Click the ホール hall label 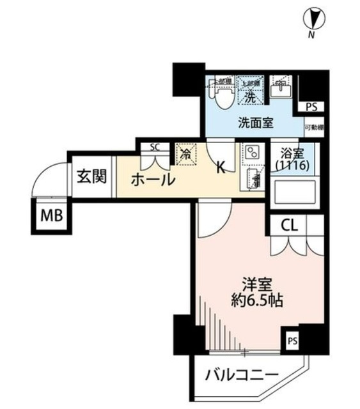pos(153,180)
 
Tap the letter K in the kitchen pos(219,167)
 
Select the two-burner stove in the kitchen pos(250,152)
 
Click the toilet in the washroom pos(223,95)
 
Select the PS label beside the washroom pos(311,107)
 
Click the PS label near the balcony pos(291,340)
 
